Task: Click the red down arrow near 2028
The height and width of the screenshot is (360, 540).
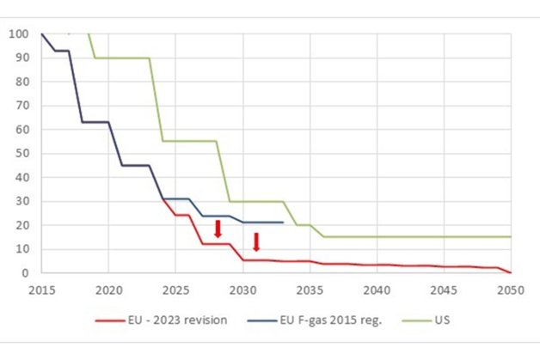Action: click(218, 229)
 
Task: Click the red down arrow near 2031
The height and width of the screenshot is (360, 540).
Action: click(256, 241)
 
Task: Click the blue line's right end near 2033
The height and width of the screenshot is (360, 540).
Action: click(283, 223)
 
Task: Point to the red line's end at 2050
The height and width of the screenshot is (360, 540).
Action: click(512, 272)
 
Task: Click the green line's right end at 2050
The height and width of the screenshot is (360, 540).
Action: click(512, 236)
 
